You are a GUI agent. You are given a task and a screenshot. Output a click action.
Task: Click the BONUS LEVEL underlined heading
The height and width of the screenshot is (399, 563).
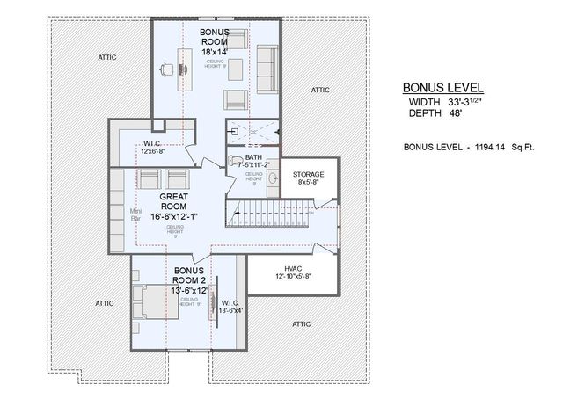pos(443,88)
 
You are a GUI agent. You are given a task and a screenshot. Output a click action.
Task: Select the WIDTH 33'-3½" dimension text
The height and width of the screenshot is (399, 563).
pos(443,102)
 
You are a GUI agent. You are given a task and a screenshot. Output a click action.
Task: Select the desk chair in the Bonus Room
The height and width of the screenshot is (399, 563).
pos(166,69)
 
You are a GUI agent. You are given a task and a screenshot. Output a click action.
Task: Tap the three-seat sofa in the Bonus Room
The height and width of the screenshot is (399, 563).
pos(266,67)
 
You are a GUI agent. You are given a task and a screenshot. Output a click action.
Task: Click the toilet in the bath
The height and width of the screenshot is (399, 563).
pos(234,162)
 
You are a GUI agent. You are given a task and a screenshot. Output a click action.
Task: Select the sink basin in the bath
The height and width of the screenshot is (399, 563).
pos(274,178)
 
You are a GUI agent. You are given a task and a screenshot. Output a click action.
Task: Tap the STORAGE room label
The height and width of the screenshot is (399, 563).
pos(310,175)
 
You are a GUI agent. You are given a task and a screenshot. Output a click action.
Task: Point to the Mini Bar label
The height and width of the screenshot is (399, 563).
pos(138,215)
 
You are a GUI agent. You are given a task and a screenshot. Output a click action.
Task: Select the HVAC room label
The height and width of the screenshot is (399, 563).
pos(293,269)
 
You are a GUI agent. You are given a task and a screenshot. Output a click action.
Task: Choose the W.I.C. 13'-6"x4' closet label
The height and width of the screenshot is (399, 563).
pos(229,305)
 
